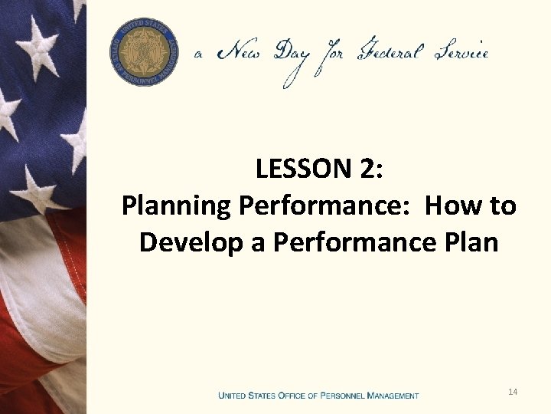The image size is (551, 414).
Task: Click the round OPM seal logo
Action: [144, 51]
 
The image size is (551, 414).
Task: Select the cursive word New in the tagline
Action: [242, 53]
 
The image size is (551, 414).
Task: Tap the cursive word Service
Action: [459, 53]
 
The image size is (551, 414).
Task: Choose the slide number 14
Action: [513, 393]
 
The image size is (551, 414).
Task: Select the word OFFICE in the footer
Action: [295, 396]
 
